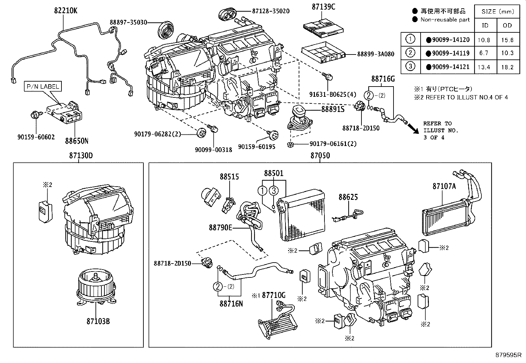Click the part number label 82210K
coord(66,10)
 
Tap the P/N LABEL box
coord(43,87)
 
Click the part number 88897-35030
coord(129,22)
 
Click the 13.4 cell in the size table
coord(484,67)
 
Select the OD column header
coord(507,25)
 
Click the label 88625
coord(348,197)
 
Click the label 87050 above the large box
coord(320,156)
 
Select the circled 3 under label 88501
coord(274,190)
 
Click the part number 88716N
coord(231,303)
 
